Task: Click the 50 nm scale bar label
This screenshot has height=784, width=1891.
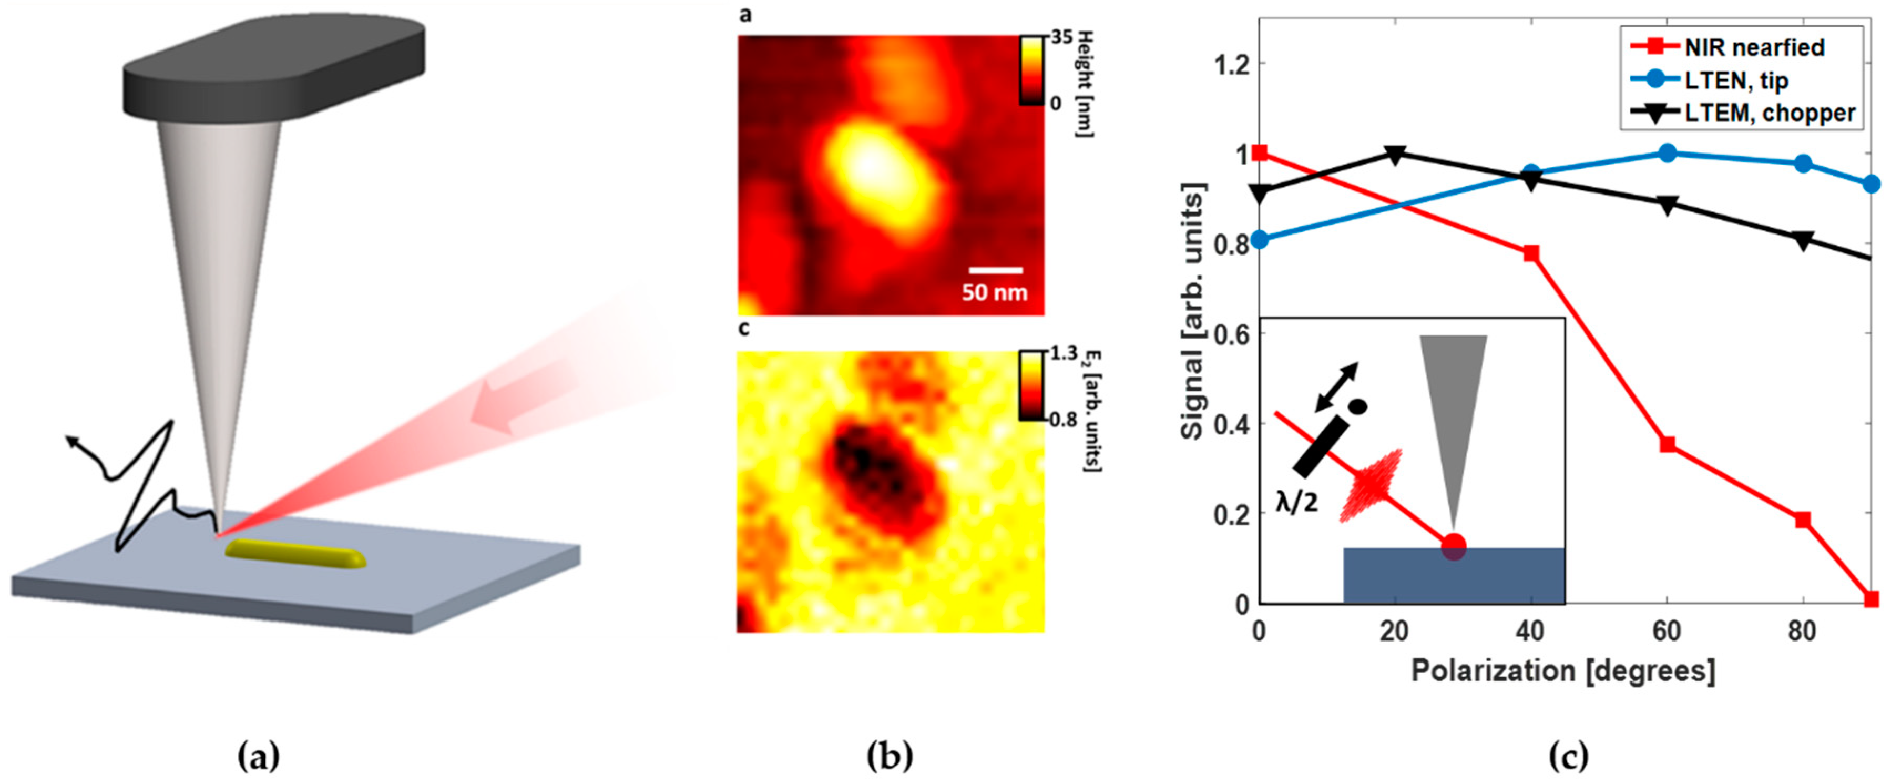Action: coord(994,292)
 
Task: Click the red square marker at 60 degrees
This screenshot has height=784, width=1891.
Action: coord(1667,445)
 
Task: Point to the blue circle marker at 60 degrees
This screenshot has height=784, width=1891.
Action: coord(1667,154)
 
